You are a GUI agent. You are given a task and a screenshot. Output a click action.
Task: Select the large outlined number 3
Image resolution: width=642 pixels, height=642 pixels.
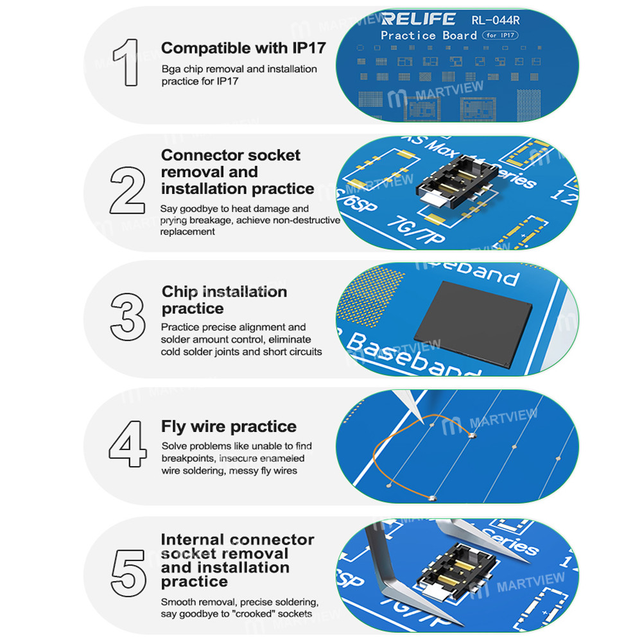point(128,320)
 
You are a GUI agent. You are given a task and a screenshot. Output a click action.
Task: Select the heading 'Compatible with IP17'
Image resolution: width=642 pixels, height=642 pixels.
point(243,48)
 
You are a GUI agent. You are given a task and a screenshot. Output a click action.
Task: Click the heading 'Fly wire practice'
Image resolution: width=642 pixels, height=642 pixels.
point(229,426)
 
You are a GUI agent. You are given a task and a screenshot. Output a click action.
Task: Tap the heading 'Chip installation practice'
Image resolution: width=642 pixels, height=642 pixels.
point(224,300)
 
